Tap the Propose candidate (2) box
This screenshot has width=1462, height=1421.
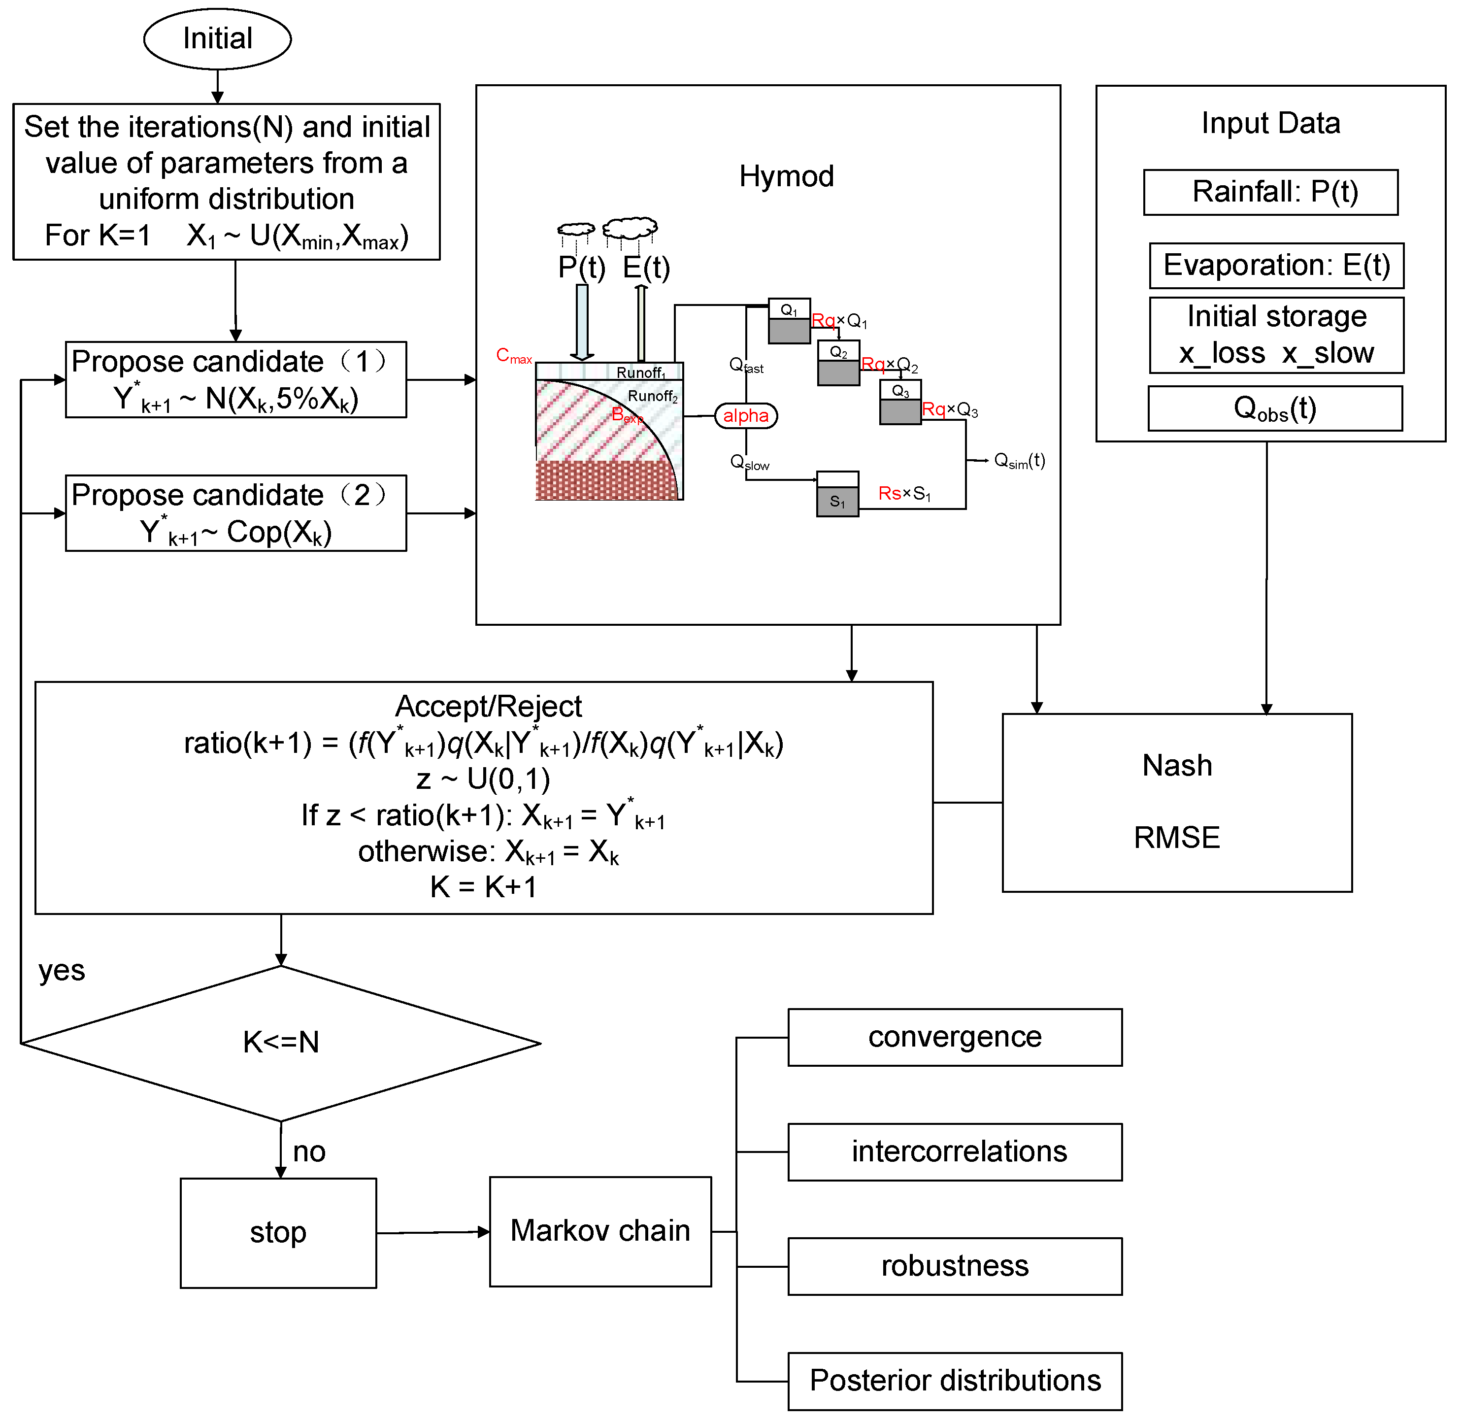point(236,513)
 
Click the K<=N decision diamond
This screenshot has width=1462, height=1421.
point(281,1043)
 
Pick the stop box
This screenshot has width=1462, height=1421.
point(278,1233)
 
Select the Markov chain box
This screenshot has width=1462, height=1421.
point(600,1231)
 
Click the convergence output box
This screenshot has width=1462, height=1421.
point(955,1037)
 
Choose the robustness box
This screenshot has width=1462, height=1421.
point(955,1266)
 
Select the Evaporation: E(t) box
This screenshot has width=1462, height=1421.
point(1276,266)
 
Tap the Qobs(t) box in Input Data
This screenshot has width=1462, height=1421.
point(1275,408)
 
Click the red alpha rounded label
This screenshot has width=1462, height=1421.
point(746,416)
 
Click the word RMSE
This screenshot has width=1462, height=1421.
point(1176,838)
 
